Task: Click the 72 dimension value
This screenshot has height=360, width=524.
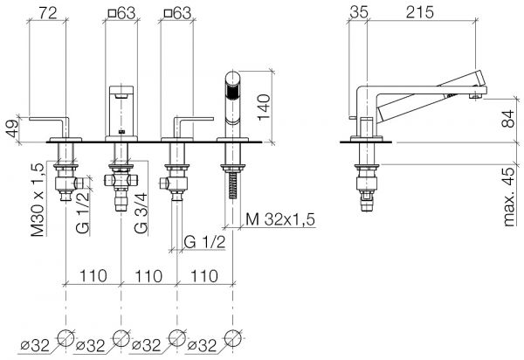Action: coord(48,13)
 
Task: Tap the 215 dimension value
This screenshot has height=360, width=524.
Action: coord(420,13)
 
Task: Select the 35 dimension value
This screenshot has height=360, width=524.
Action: coord(359,13)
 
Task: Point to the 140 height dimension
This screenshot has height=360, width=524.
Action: coord(264,107)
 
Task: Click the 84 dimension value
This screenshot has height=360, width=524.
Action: coord(509,119)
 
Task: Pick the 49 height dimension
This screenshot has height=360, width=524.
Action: coord(12,128)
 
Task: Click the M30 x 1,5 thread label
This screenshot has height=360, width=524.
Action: coord(38,200)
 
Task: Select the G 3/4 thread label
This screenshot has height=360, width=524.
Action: coord(141,213)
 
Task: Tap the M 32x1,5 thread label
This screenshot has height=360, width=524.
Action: coord(280,219)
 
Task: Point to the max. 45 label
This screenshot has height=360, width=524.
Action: coord(509,197)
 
